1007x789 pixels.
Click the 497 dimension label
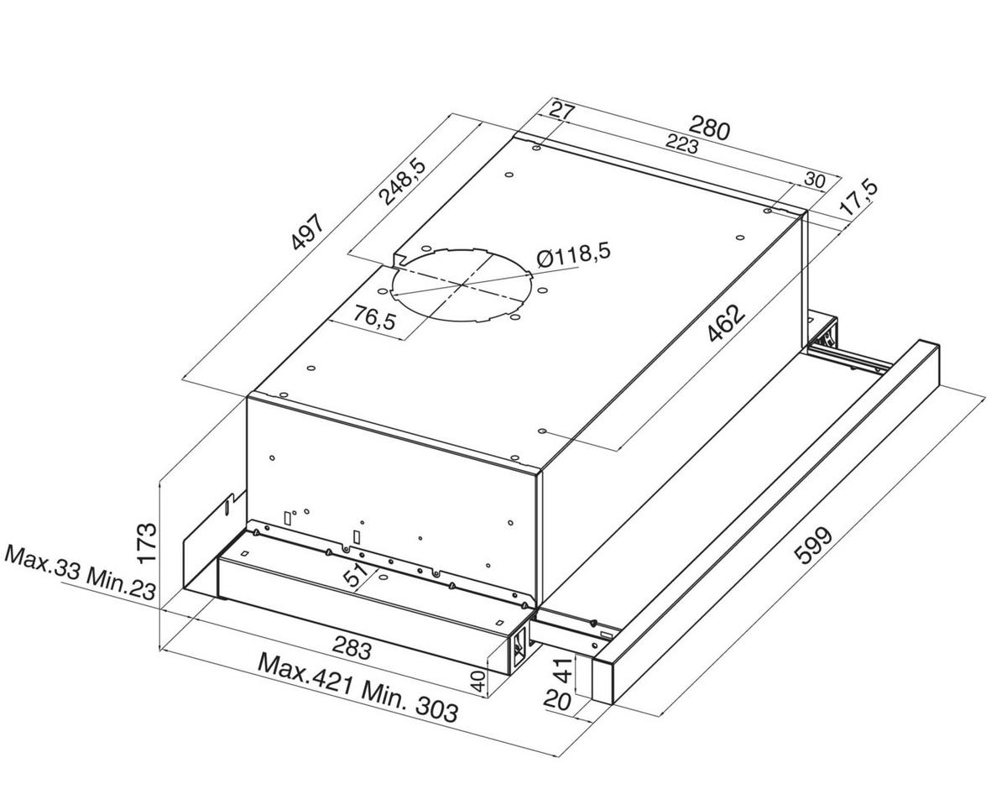(308, 231)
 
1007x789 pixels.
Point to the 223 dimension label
(681, 144)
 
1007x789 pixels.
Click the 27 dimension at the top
(562, 111)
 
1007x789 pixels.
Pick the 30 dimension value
(815, 180)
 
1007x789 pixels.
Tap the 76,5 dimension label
(374, 317)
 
